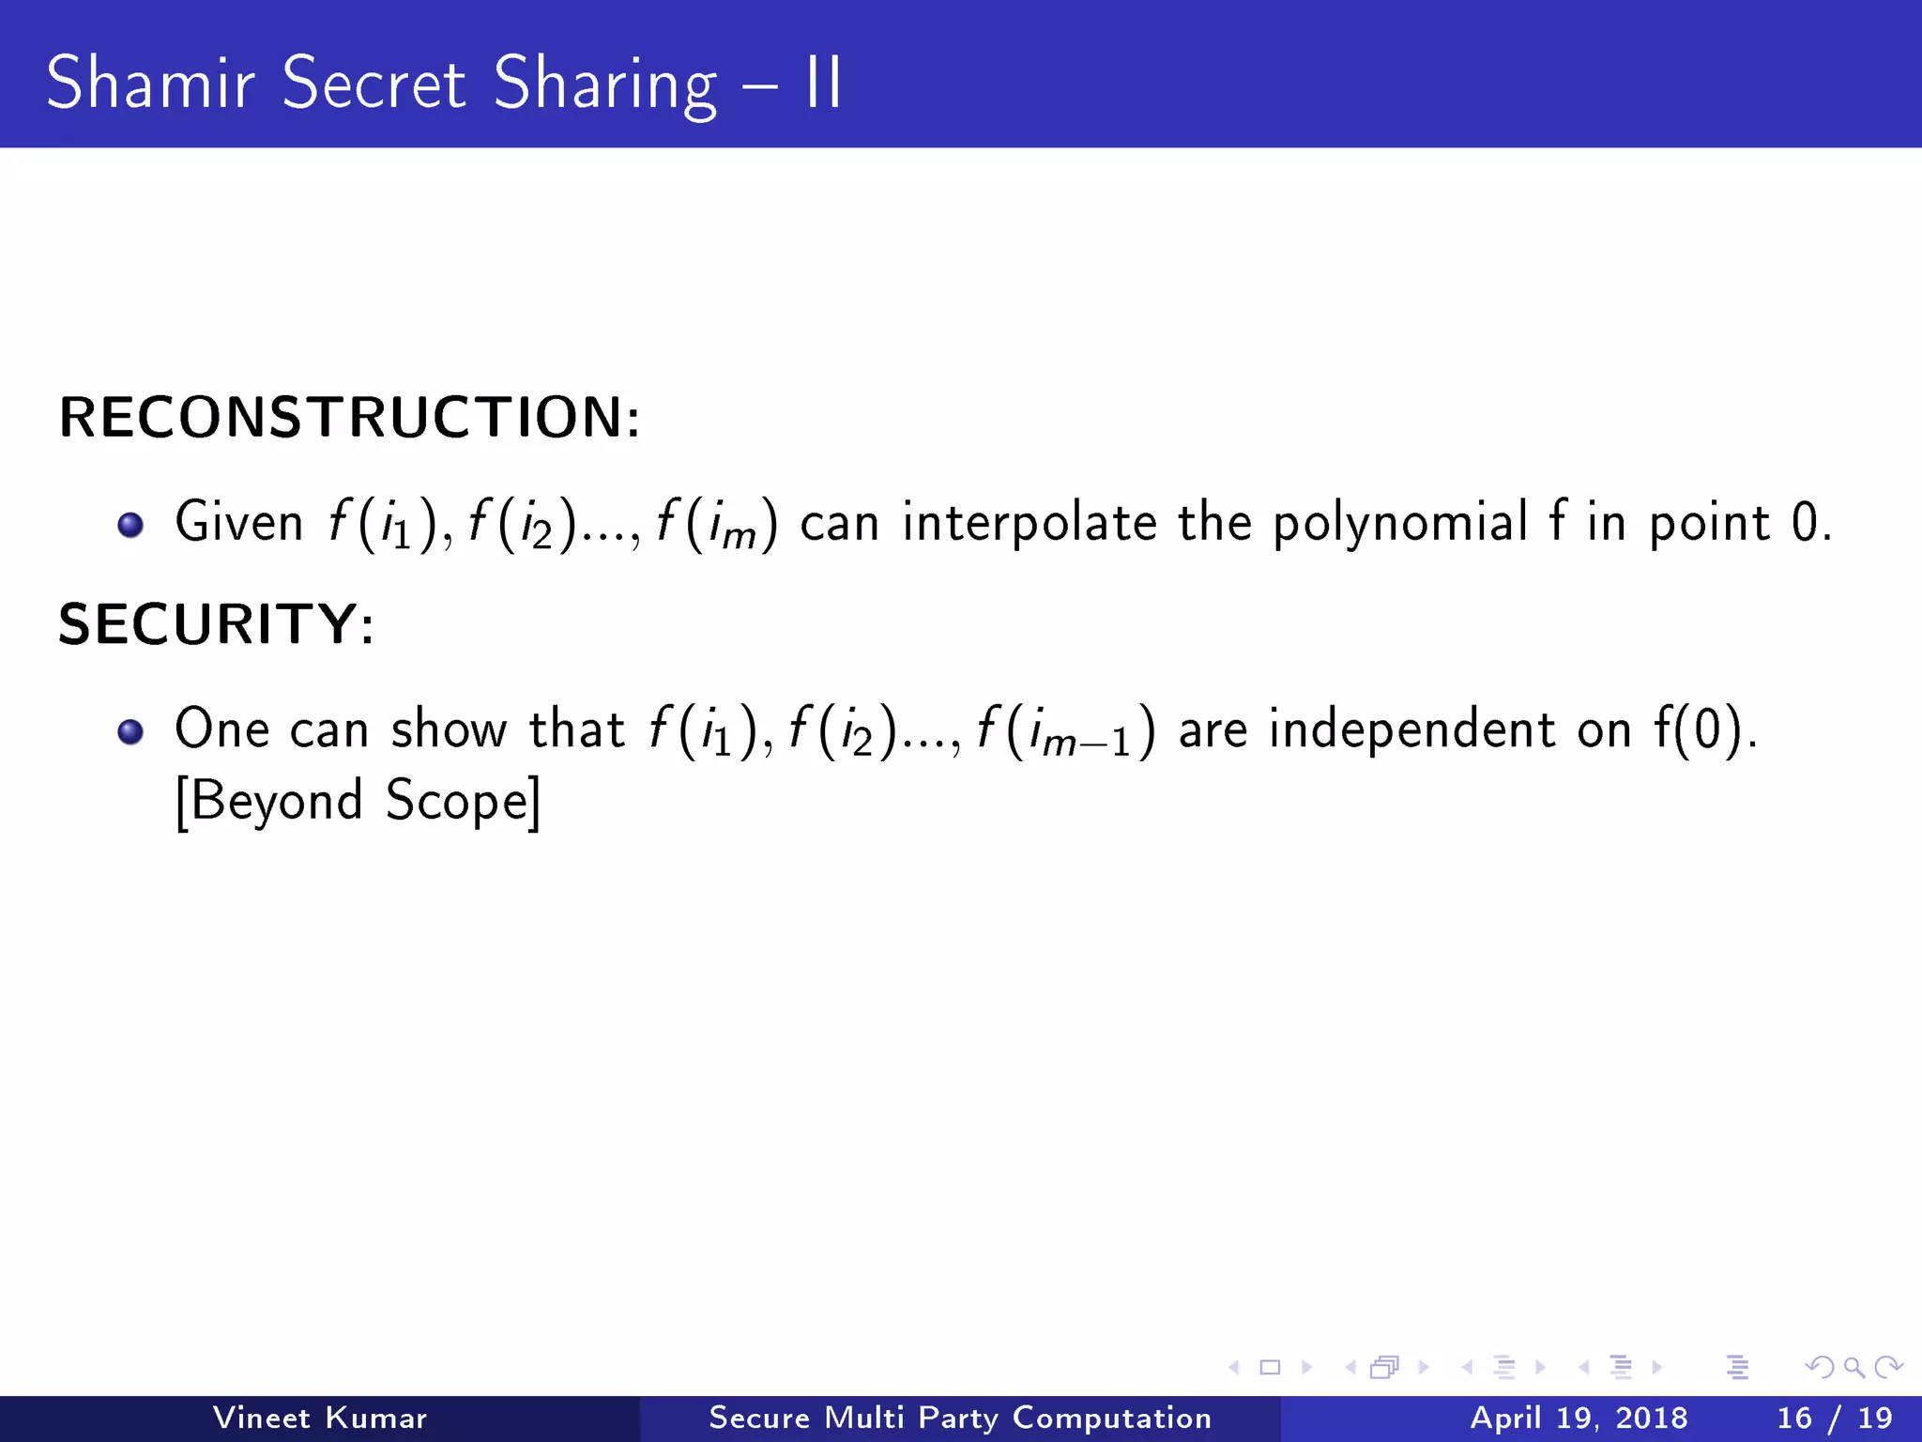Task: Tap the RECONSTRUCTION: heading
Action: (x=350, y=417)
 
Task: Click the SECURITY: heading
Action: (x=217, y=623)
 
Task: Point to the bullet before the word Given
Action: (x=130, y=524)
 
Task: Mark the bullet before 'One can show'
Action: (x=130, y=731)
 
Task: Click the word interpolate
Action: (x=1030, y=522)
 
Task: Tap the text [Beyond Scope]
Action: (x=358, y=801)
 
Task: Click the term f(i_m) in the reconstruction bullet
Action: (x=717, y=524)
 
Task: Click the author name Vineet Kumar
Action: (x=320, y=1418)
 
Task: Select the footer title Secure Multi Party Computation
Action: (x=960, y=1418)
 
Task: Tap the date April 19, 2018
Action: (x=1579, y=1418)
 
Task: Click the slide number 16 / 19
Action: (x=1835, y=1418)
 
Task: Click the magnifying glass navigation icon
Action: (x=1853, y=1368)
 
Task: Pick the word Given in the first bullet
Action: (x=239, y=522)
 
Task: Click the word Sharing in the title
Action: (x=605, y=84)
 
